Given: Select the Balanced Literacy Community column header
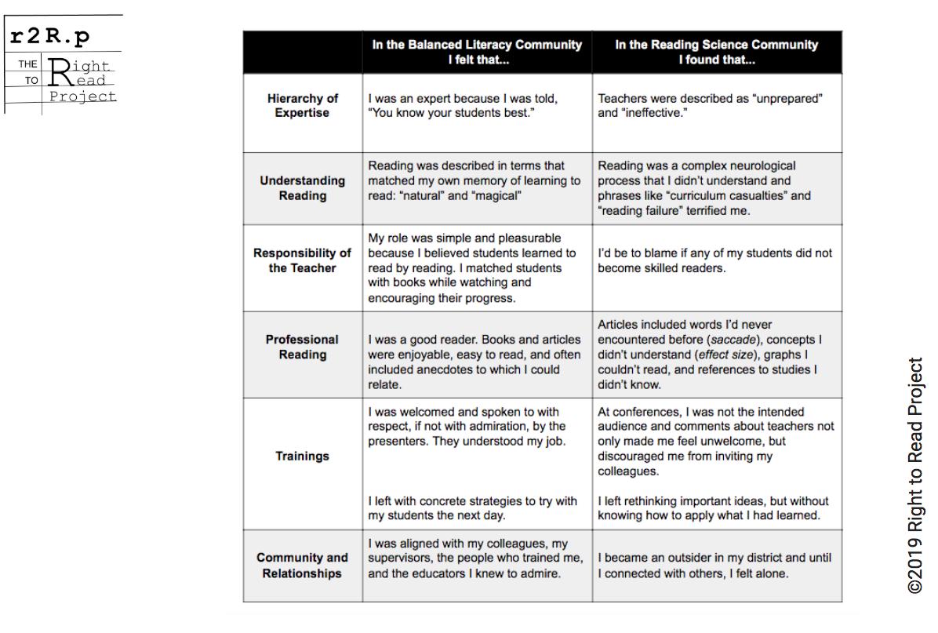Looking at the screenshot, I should [477, 52].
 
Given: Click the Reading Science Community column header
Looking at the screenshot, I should [716, 52].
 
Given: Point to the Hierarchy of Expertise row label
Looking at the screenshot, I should [302, 106].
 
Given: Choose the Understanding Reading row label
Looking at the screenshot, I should [302, 187].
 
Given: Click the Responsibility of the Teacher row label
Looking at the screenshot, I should [302, 260].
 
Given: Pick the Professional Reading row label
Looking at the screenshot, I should [302, 347].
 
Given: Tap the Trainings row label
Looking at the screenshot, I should [302, 457].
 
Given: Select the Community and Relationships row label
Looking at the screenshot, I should [302, 566].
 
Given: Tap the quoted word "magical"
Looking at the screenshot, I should [494, 195].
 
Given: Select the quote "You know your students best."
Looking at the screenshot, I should [445, 113].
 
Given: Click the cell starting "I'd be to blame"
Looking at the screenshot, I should [714, 260].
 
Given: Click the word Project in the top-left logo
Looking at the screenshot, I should [82, 96].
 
